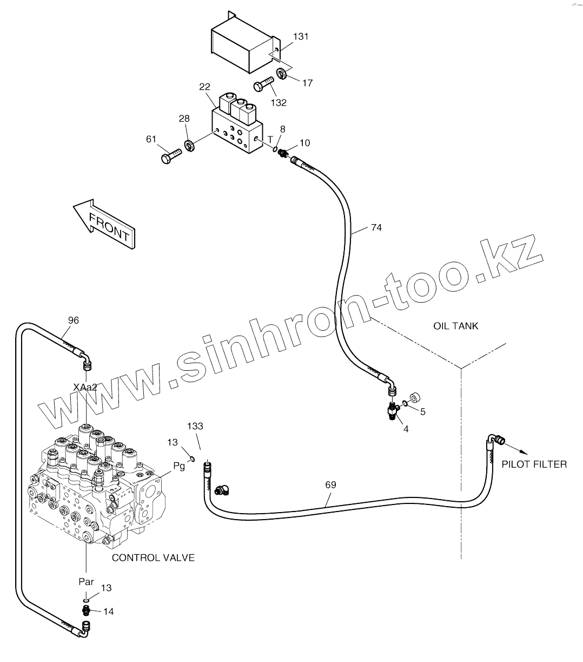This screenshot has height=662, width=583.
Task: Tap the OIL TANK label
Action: tap(455, 326)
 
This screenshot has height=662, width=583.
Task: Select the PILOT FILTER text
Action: tap(534, 464)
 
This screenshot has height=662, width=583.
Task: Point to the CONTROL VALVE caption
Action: tap(153, 558)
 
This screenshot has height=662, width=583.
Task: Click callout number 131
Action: tap(301, 37)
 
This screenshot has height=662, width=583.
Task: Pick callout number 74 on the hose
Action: tap(376, 228)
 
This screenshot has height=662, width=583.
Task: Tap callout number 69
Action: tap(330, 485)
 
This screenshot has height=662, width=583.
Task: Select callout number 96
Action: tap(74, 320)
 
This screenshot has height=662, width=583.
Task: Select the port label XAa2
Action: tap(85, 386)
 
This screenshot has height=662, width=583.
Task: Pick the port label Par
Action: tap(86, 582)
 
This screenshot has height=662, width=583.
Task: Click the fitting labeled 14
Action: tap(85, 611)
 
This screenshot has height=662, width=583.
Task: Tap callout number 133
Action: tap(195, 427)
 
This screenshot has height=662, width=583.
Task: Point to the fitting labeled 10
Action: tap(282, 154)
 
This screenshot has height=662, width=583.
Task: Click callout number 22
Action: tap(204, 87)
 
